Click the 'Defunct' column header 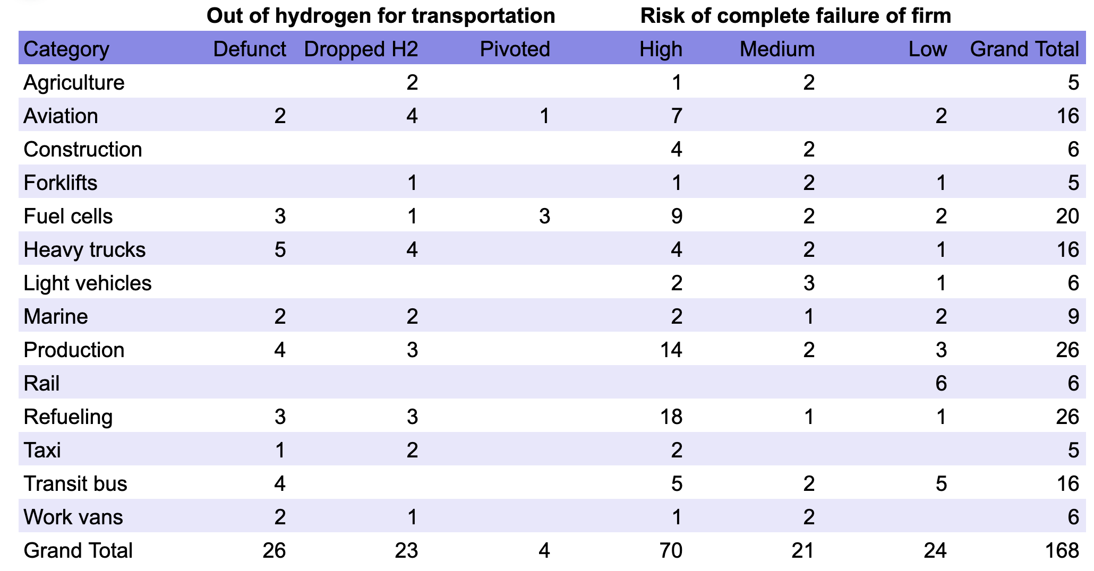[249, 49]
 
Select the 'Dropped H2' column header [361, 49]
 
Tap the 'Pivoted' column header [515, 49]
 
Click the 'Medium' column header [777, 49]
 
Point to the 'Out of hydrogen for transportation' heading [381, 16]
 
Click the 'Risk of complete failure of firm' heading [796, 16]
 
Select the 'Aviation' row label [61, 116]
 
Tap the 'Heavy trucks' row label [84, 249]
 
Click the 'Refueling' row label [68, 417]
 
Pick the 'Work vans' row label [73, 517]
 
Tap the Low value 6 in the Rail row [941, 383]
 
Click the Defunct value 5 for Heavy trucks [280, 249]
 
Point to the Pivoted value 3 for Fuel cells [544, 216]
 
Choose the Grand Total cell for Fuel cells [1067, 216]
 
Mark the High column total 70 [671, 550]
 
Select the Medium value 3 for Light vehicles [808, 283]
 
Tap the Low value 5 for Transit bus [941, 483]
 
